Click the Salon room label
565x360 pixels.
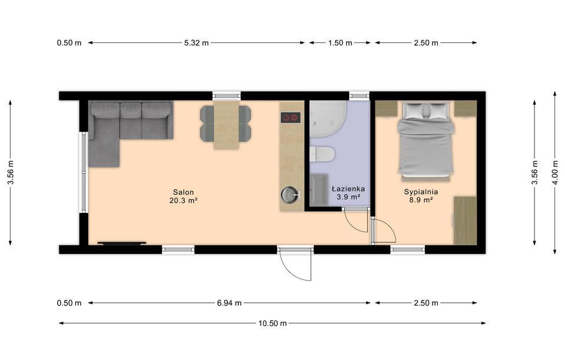tap(183, 192)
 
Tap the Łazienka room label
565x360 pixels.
tap(348, 189)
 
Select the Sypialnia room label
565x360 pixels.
tap(421, 192)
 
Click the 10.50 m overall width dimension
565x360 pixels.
tap(272, 324)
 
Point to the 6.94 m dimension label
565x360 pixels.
tap(229, 303)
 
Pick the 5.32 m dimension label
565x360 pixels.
tap(197, 43)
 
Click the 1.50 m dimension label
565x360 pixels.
tap(340, 43)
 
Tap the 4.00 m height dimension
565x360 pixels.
tap(555, 173)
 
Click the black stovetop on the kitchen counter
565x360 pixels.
tap(290, 118)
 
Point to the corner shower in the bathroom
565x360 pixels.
tap(328, 119)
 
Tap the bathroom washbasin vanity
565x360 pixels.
tap(318, 191)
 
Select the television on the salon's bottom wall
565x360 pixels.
tap(122, 243)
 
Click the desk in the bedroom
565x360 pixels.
tap(465, 221)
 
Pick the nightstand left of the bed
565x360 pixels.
tap(386, 109)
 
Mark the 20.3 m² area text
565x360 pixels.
tap(183, 201)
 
